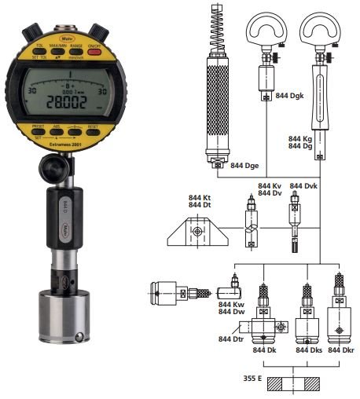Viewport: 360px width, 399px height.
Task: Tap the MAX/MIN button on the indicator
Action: (x=61, y=49)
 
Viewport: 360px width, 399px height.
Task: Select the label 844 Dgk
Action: (x=291, y=96)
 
